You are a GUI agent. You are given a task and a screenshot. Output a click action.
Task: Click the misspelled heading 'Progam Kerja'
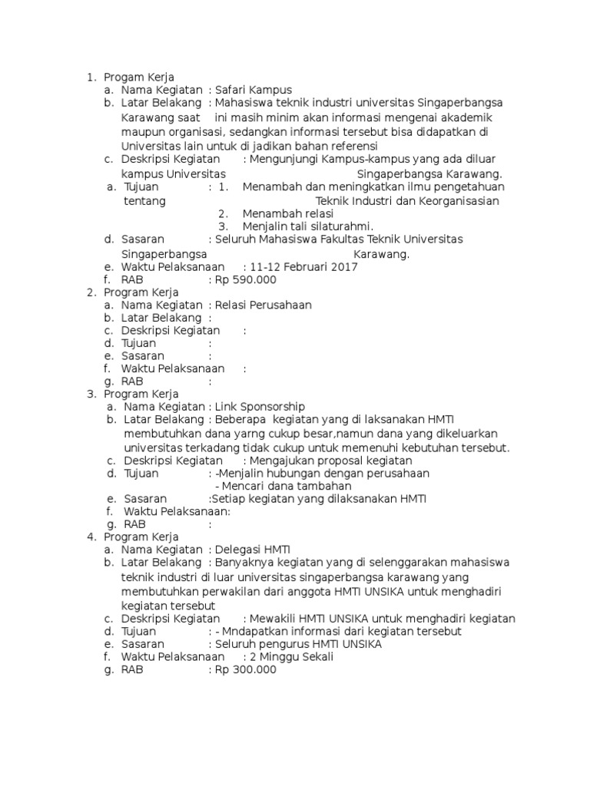pyautogui.click(x=139, y=77)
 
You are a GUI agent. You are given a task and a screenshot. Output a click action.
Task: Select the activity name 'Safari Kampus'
pyautogui.click(x=254, y=90)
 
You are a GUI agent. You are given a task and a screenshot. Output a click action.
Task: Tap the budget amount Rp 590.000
pyautogui.click(x=245, y=279)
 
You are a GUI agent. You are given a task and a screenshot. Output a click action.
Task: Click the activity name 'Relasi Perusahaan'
pyautogui.click(x=263, y=305)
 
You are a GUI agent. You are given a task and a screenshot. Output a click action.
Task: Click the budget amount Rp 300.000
pyautogui.click(x=245, y=669)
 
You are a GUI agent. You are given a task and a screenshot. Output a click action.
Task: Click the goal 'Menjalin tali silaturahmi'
pyautogui.click(x=307, y=226)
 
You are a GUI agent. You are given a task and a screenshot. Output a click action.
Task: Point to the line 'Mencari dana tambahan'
pyautogui.click(x=283, y=486)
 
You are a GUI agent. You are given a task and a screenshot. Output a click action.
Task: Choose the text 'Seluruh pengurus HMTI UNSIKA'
pyautogui.click(x=298, y=644)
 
